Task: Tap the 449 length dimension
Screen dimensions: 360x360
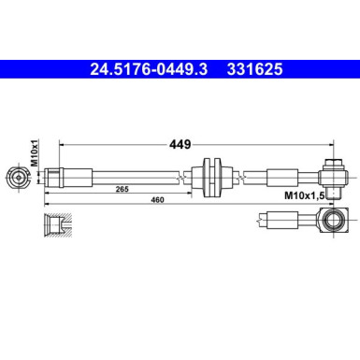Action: pyautogui.click(x=180, y=145)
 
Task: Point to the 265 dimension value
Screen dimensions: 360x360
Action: pyautogui.click(x=122, y=190)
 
